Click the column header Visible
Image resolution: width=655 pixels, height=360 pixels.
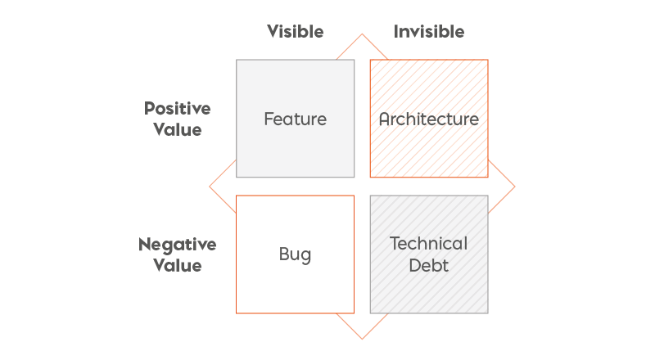pos(296,32)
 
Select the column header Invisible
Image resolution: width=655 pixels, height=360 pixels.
pos(429,32)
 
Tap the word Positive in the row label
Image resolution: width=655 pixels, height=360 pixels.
pos(178,109)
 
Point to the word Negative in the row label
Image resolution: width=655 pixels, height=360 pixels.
pos(178,245)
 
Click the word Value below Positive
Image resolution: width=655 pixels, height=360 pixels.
pos(178,129)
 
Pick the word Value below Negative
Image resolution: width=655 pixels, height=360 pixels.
pos(178,265)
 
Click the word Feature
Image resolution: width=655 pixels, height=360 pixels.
pos(296,119)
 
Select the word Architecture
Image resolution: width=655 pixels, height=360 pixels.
pos(429,119)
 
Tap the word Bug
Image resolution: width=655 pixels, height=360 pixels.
pos(296,254)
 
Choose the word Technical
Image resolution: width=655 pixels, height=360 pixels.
pos(429,244)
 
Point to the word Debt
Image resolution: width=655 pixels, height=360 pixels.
pos(429,265)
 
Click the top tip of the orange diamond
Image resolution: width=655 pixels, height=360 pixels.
pos(362,34)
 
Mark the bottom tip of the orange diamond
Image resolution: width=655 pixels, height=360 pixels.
pos(362,339)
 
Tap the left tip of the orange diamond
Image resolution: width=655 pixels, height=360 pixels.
pos(210,187)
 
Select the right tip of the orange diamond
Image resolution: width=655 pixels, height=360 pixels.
pos(515,187)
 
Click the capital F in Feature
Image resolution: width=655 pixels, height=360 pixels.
pos(269,119)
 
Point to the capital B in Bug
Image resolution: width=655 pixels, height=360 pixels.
pos(284,254)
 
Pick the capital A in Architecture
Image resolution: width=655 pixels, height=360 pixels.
pos(385,119)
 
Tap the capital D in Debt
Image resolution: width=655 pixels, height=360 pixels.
pos(415,265)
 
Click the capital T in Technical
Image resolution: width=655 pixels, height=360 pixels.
pos(395,244)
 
